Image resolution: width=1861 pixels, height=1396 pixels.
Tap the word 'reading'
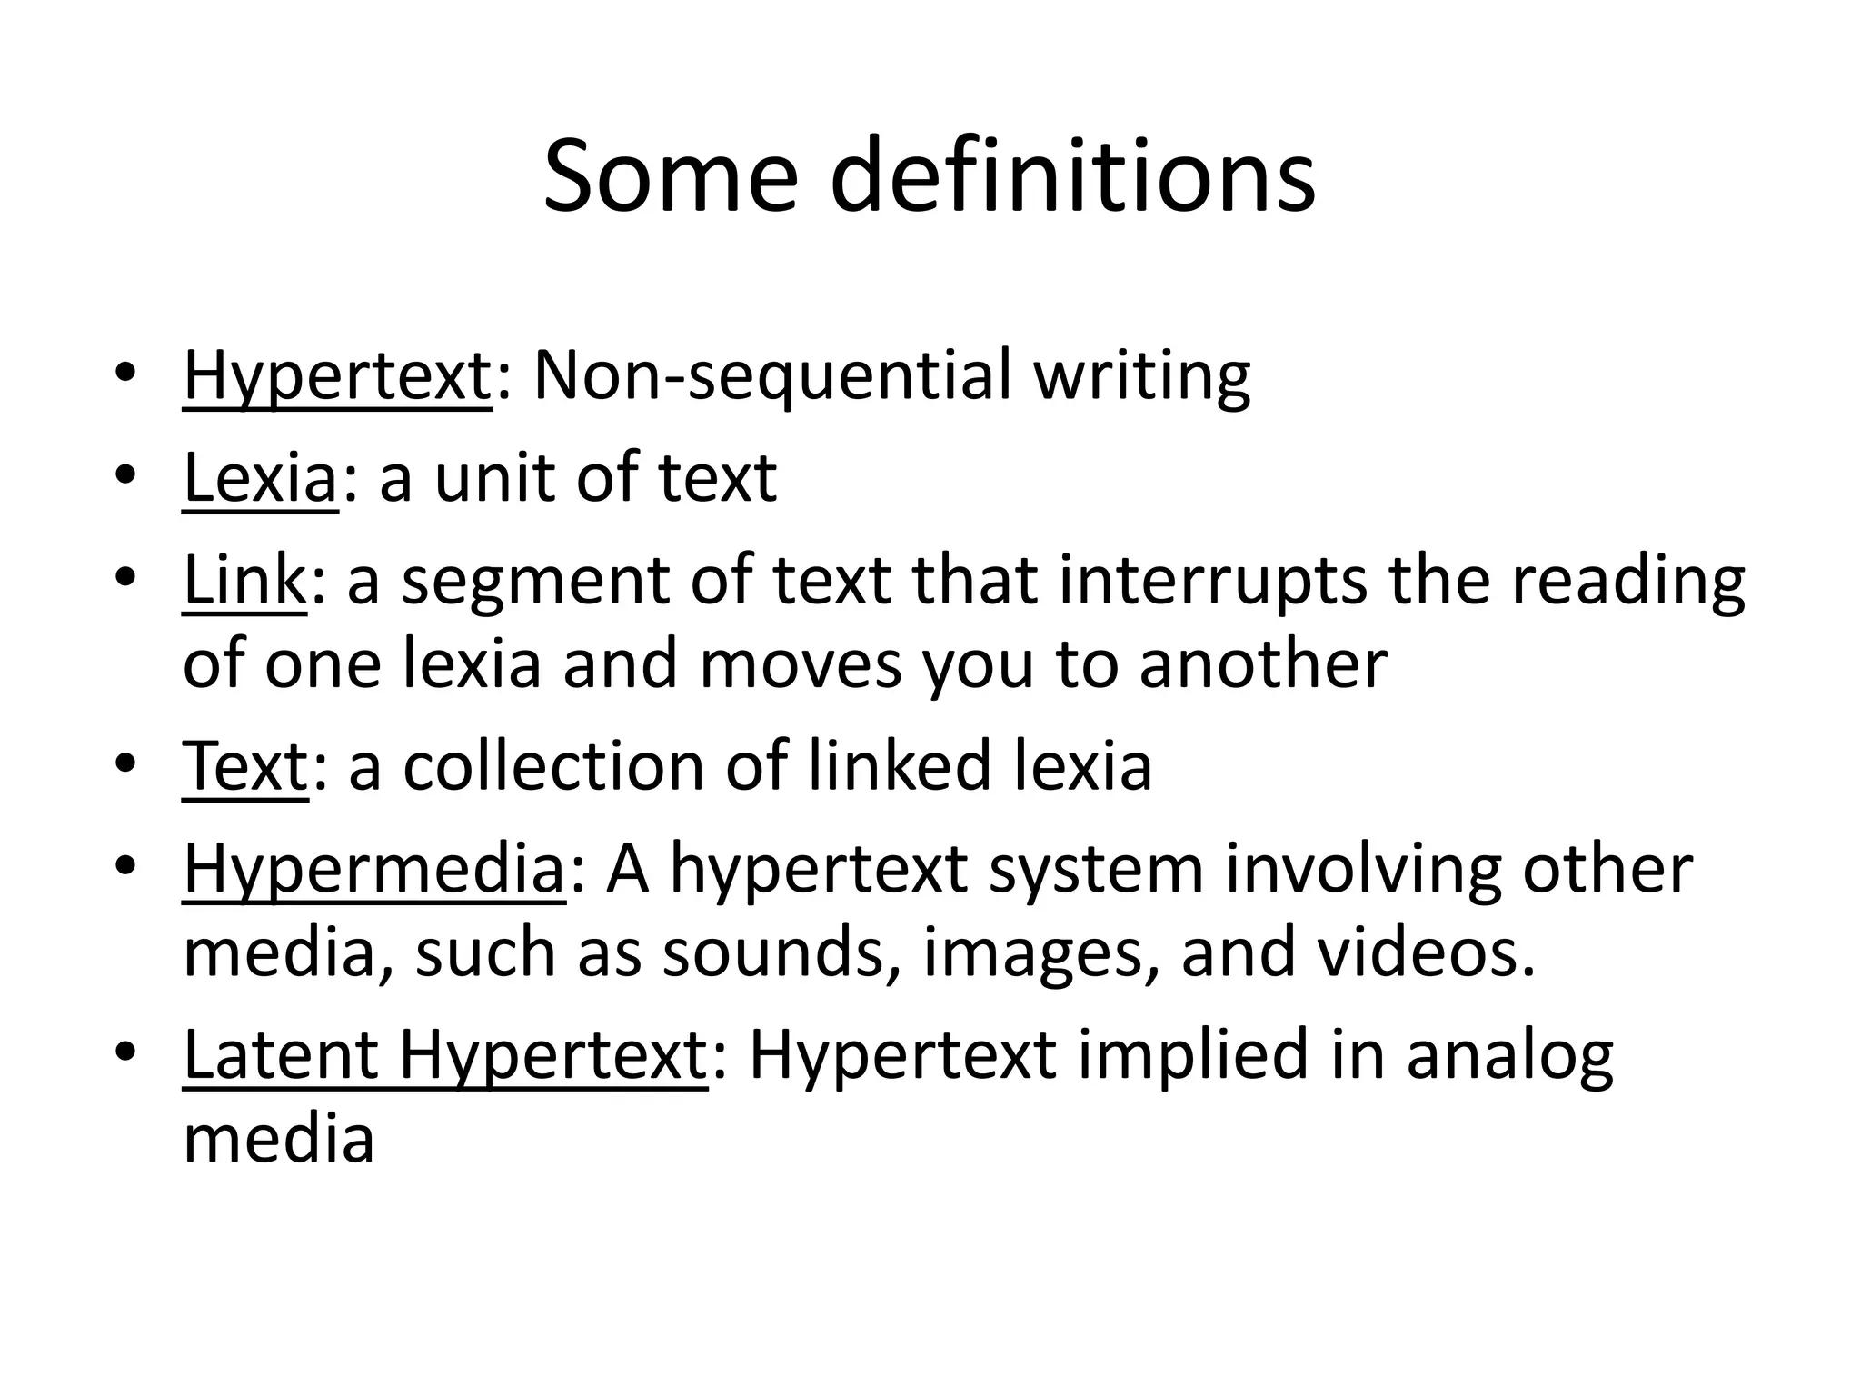tap(1627, 582)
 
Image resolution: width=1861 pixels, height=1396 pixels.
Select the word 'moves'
tap(801, 663)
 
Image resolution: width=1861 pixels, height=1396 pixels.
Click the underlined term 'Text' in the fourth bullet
tap(245, 766)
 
